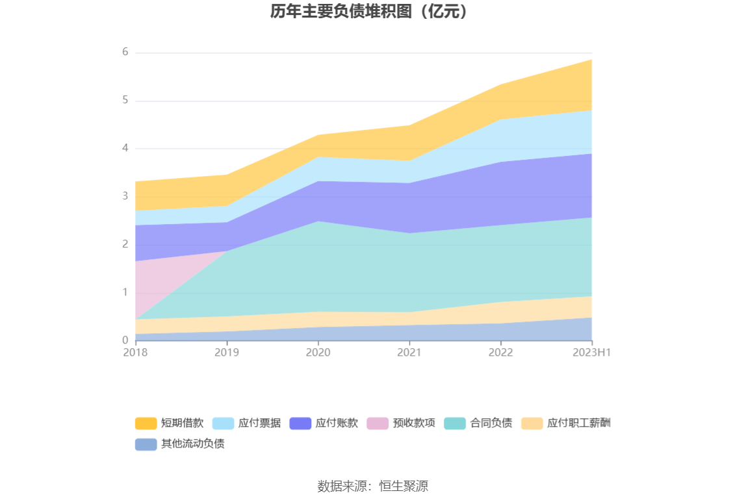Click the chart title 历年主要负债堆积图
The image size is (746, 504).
tap(369, 12)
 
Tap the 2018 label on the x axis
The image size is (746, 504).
tap(135, 352)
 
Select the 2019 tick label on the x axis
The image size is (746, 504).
tap(227, 352)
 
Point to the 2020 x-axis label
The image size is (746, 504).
tap(318, 352)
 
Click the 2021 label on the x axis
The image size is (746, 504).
tap(409, 352)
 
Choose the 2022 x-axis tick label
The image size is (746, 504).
tap(500, 352)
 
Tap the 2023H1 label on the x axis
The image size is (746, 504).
tap(592, 352)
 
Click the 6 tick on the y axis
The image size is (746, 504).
tap(125, 53)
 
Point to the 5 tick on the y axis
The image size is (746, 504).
tap(125, 101)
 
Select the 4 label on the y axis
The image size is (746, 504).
tap(125, 149)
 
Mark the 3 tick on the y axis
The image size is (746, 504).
tap(125, 196)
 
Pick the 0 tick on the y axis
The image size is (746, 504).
tap(125, 340)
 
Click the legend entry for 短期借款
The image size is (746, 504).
tap(170, 423)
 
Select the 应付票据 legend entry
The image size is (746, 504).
tap(247, 423)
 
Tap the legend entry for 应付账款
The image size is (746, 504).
tap(324, 423)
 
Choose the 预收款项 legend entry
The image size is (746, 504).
tap(402, 423)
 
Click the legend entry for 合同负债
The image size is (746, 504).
tap(479, 423)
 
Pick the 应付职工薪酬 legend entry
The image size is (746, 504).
tap(566, 423)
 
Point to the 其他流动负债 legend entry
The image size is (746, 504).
tap(180, 444)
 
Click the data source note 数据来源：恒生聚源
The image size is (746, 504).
tap(373, 486)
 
